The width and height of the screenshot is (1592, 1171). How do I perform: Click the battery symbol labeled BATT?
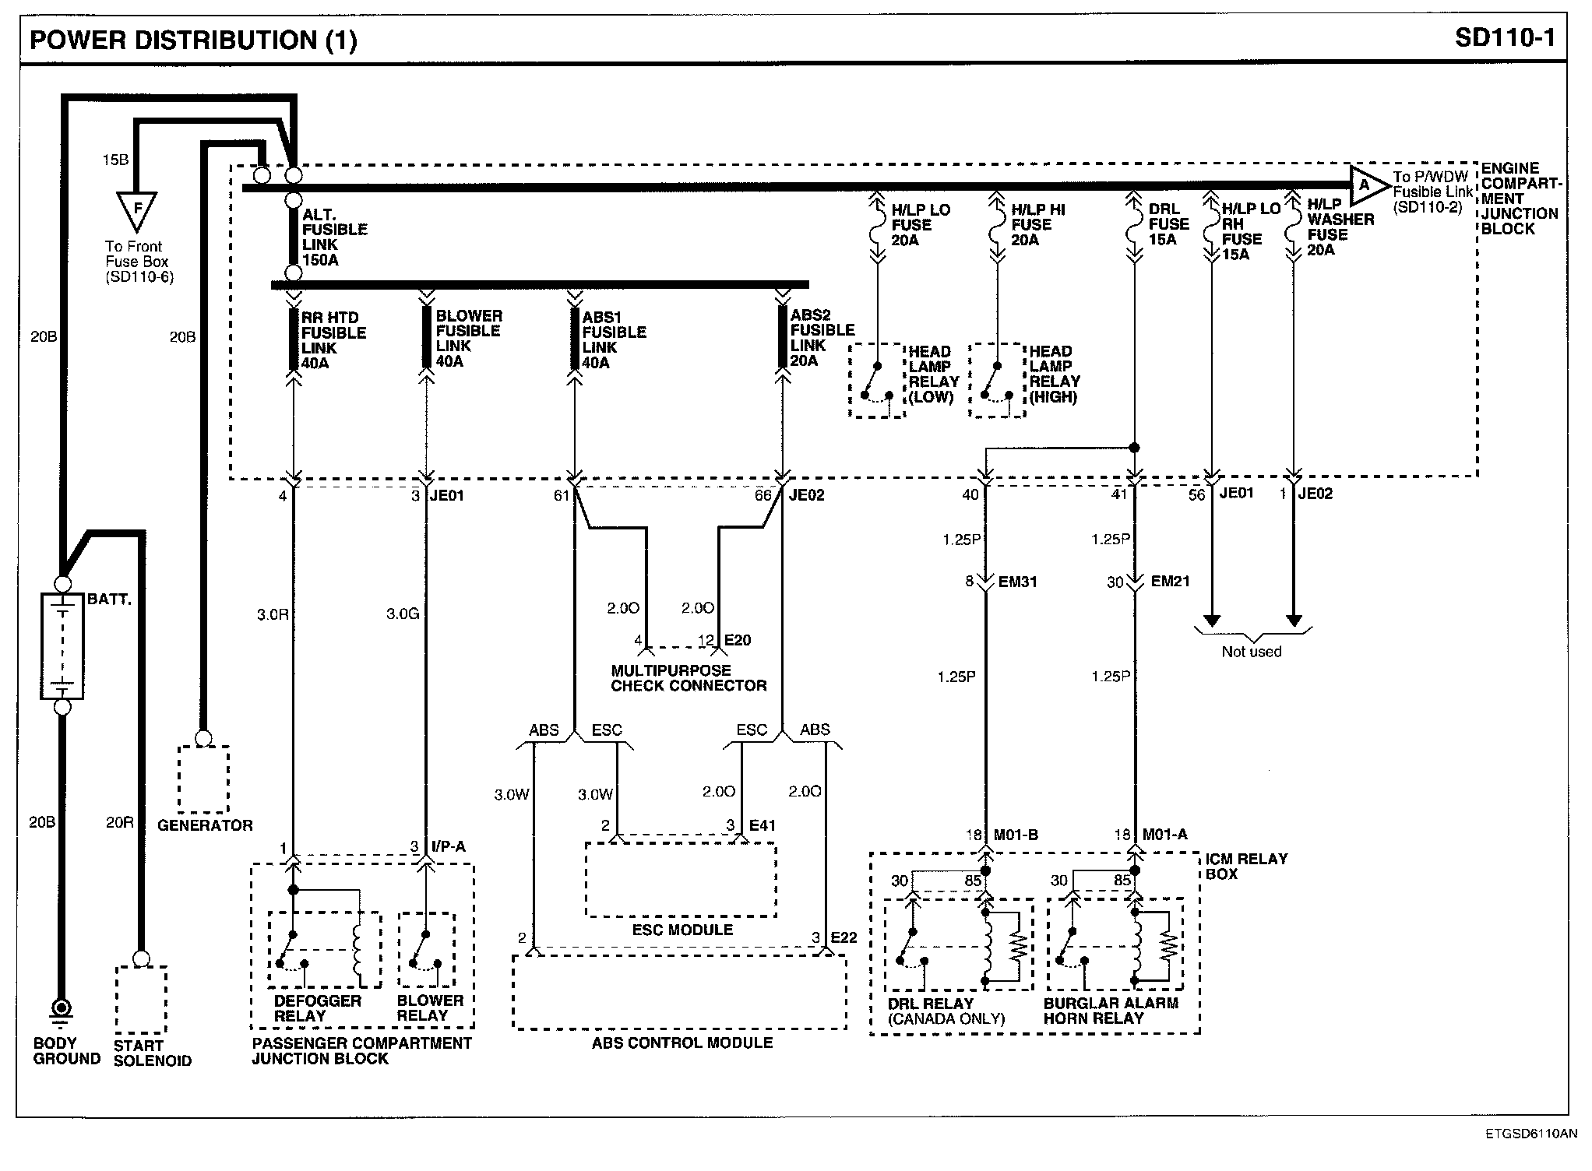(x=62, y=645)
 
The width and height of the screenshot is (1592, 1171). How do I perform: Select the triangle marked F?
(x=136, y=209)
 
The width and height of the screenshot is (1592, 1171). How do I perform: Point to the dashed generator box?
(x=203, y=779)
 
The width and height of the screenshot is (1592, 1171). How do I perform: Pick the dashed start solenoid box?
(x=141, y=1000)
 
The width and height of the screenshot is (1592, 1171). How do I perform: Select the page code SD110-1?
(x=1504, y=38)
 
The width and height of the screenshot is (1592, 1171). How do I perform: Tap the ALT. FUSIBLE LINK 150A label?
(x=334, y=237)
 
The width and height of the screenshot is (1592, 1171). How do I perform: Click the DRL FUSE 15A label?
(x=1168, y=224)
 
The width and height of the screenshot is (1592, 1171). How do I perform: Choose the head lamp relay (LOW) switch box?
(x=876, y=381)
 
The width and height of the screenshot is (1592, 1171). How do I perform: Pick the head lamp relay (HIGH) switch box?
(x=997, y=381)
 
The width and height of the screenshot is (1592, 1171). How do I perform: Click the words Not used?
(x=1251, y=652)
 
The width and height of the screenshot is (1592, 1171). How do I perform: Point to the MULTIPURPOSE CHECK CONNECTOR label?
(x=689, y=678)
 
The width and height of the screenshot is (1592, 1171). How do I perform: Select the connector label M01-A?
(x=1164, y=835)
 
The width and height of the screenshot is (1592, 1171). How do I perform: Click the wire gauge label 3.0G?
(x=403, y=614)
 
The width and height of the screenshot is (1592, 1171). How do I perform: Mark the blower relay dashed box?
(x=426, y=950)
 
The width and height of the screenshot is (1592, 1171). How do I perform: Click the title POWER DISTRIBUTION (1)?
(x=193, y=40)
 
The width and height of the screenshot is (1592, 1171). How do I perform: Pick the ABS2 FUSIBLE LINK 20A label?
(x=822, y=338)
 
